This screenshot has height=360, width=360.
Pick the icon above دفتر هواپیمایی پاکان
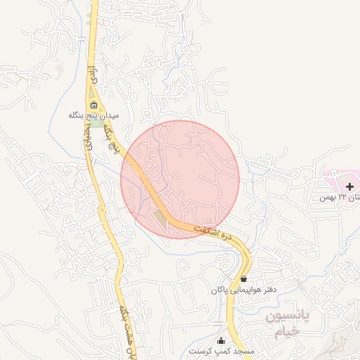click(x=243, y=279)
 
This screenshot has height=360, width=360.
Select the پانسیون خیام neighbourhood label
click(x=288, y=323)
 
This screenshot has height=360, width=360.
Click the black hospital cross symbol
click(x=350, y=186)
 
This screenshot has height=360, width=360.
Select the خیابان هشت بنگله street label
click(x=126, y=330)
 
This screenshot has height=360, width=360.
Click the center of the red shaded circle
click(x=180, y=179)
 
